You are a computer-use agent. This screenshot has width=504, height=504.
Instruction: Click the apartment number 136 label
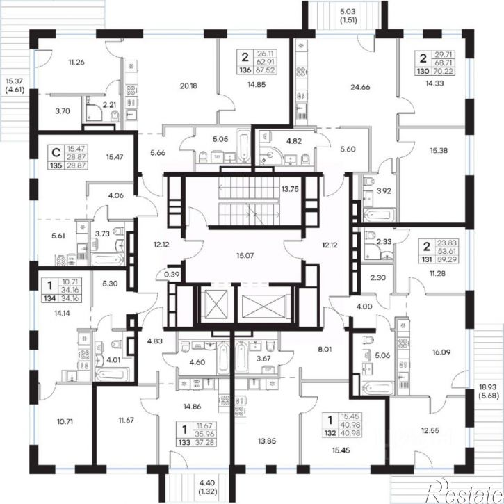coord(245,70)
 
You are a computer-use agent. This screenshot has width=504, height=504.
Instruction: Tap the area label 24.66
coord(360,87)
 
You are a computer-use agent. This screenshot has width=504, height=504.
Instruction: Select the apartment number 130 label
coord(423,71)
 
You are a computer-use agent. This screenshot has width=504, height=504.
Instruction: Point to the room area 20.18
coord(188,86)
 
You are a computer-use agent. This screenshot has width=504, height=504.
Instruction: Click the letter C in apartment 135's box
coord(56,152)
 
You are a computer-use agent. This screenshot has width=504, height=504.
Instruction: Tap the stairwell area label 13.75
coord(290,189)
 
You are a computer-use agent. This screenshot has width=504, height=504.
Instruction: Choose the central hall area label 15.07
coord(245,256)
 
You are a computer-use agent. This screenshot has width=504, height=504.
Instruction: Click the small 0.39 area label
coord(172,274)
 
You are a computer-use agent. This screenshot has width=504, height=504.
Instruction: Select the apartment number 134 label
coord(50,298)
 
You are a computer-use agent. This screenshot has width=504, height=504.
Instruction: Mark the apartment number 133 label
coord(184,443)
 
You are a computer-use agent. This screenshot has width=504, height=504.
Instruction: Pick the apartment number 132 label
coord(330,433)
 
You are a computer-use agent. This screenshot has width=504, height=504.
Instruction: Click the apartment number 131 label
coord(427,259)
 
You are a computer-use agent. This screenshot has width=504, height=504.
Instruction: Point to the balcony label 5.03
coord(348,12)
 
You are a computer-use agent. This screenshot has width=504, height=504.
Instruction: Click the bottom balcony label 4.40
coord(208,482)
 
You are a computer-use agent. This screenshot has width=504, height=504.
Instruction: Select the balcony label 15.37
coord(14,81)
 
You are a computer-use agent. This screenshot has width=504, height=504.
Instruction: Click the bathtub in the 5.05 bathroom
coord(244,145)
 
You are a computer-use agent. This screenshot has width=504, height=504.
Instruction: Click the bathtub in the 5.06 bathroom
coord(377,388)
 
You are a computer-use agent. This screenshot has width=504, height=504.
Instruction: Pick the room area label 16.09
coord(441,352)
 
